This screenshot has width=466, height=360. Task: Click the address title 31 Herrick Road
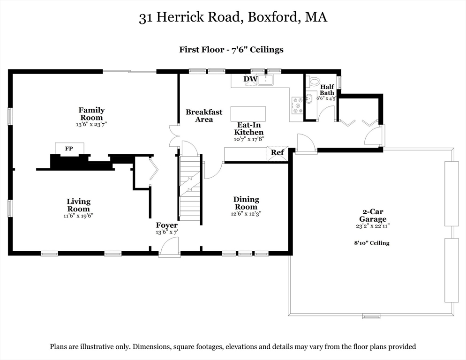[x=233, y=18]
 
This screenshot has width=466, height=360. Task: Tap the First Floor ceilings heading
[x=231, y=49]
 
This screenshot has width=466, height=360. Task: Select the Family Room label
[x=91, y=114]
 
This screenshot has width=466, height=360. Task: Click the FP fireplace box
[x=69, y=149]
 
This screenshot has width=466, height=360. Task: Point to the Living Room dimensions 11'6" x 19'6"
[x=78, y=216]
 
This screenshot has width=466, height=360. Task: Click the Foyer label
[x=167, y=225]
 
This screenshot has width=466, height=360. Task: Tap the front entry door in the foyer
[x=169, y=247]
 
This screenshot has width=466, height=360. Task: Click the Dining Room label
[x=246, y=203]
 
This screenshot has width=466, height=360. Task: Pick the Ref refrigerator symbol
[x=277, y=153]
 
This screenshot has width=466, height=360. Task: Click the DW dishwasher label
[x=250, y=79]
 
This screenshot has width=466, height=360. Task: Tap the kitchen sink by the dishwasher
[x=266, y=80]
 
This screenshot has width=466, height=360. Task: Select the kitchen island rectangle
[x=248, y=114]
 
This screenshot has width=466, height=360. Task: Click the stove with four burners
[x=297, y=105]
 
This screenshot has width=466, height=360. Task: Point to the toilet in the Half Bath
[x=314, y=81]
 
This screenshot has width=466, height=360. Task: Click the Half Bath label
[x=327, y=90]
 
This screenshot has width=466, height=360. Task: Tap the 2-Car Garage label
[x=373, y=216]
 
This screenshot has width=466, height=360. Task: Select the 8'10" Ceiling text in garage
[x=372, y=243]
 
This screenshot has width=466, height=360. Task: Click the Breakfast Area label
[x=204, y=116]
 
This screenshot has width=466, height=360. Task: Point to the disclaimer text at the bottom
[x=233, y=347]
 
